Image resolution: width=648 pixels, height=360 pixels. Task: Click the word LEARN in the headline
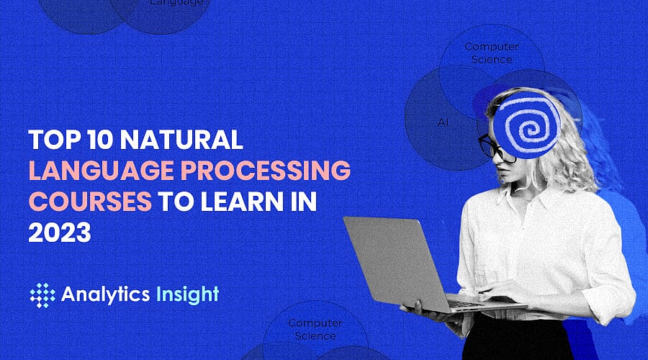pos(236,202)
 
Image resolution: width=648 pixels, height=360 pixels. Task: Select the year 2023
pos(59,233)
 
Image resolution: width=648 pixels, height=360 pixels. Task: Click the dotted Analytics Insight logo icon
pos(42,294)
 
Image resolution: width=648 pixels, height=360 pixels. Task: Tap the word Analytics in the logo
pos(105,294)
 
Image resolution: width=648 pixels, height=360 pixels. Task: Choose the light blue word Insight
pos(186,294)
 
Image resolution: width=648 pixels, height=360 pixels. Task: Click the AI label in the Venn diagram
pos(443,122)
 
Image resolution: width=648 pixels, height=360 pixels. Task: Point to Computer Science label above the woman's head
pos(492,53)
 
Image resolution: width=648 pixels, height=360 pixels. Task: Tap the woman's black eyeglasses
pos(491,147)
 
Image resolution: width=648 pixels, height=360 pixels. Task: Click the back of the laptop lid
pos(389,259)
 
